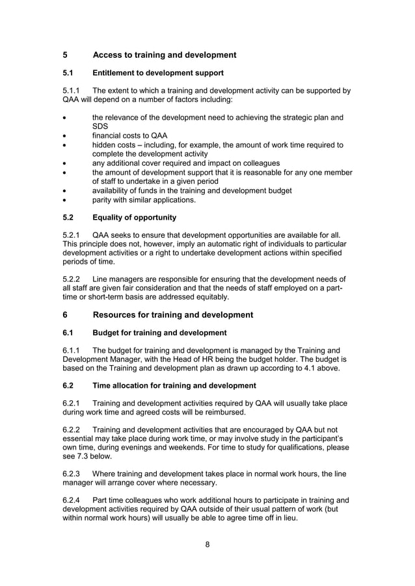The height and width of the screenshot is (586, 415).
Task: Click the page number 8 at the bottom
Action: click(207, 544)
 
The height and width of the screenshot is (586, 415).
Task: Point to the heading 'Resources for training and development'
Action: click(173, 314)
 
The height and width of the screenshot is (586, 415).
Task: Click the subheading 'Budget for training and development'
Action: click(159, 333)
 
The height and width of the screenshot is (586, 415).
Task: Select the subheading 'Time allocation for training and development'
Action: click(174, 385)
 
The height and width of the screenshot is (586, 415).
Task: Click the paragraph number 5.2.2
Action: click(73, 278)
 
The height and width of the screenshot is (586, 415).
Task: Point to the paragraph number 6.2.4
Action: click(73, 500)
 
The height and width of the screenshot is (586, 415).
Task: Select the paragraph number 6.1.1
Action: click(73, 350)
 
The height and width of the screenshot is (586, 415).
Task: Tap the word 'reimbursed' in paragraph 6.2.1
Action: click(223, 413)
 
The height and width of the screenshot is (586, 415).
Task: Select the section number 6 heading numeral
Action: click(65, 314)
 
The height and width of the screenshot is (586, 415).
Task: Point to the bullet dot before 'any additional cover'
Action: click(64, 163)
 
